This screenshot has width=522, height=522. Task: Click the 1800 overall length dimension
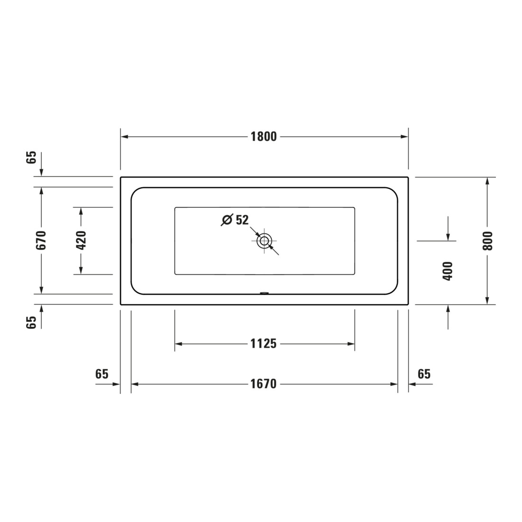264,137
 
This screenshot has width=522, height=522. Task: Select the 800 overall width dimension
487,241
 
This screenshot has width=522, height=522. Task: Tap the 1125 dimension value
263,344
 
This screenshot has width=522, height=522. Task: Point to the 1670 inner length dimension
263,384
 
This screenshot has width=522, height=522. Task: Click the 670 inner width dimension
41,240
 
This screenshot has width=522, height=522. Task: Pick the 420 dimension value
81,240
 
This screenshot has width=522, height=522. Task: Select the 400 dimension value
448,271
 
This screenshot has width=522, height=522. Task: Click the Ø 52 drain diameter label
235,220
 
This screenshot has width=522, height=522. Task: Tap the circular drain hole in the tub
264,241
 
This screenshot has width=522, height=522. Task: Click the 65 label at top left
31,157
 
